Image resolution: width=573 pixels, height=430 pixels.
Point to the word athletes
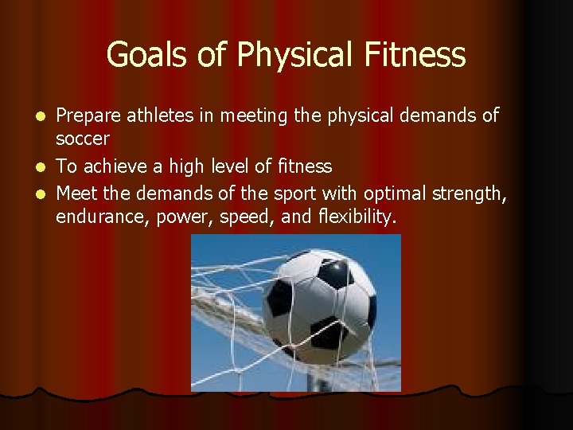point(162,116)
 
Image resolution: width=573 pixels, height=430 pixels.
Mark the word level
point(226,167)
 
